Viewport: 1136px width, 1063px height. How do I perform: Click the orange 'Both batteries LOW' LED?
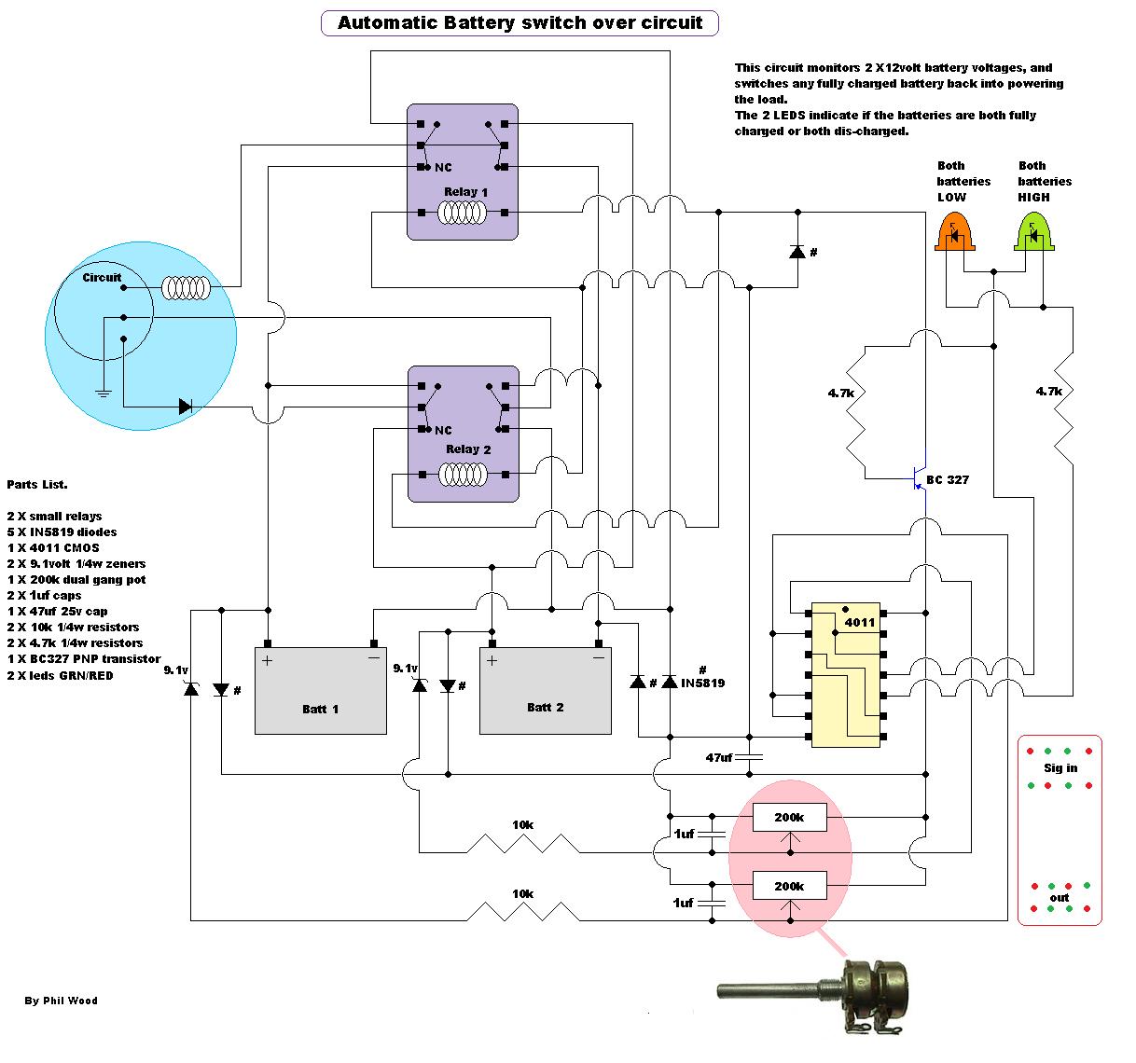[954, 231]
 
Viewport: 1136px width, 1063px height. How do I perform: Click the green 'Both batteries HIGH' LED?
[1033, 231]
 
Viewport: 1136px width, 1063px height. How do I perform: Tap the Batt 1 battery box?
[320, 691]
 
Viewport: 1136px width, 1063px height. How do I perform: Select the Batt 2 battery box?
[545, 691]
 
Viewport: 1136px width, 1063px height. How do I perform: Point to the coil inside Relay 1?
[463, 214]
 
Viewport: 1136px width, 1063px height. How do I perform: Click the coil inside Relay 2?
[463, 475]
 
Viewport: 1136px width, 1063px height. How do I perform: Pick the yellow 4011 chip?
[845, 674]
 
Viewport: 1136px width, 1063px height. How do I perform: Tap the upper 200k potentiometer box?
[789, 817]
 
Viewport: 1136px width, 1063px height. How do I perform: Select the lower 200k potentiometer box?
[789, 886]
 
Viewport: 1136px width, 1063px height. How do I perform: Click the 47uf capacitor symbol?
[749, 757]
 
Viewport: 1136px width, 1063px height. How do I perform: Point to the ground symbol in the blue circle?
[104, 393]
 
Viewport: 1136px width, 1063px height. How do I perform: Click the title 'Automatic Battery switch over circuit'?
[520, 23]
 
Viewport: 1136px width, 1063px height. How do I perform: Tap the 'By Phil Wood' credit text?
[62, 1001]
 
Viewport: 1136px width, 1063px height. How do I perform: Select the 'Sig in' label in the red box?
[1060, 767]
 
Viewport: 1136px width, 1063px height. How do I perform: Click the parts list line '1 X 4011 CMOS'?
[53, 547]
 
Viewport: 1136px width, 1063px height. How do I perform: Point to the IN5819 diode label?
[702, 683]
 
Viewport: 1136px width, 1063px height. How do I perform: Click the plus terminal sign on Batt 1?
[267, 661]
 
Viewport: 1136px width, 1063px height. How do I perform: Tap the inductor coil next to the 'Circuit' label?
[186, 288]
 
